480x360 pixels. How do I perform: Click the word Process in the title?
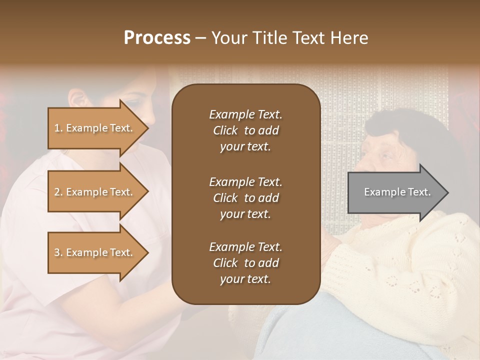[x=157, y=38]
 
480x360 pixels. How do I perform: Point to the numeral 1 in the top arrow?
[x=57, y=128]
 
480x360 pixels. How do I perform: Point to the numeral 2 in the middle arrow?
[x=57, y=192]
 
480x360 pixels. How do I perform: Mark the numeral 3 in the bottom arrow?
[x=57, y=252]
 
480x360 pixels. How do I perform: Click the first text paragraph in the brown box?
[x=245, y=130]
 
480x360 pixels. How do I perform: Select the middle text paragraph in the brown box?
[x=245, y=198]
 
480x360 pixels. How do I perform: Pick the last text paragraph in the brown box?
[x=245, y=263]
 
